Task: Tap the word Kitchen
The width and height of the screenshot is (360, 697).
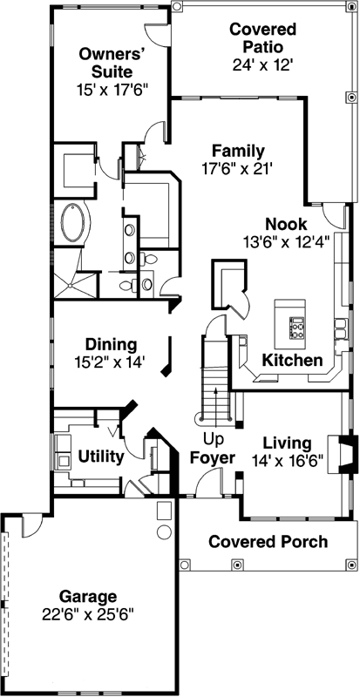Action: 294,360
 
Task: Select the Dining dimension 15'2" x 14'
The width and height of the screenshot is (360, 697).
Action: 110,358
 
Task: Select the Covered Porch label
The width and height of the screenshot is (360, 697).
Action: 268,542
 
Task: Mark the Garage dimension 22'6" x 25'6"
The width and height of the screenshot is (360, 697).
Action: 87,613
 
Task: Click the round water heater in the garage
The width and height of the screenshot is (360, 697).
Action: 163,531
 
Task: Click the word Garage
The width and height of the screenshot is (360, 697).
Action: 88,597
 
